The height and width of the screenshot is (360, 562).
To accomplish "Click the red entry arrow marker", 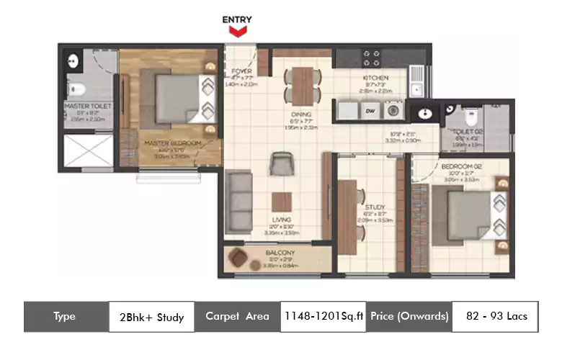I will pos(238,31).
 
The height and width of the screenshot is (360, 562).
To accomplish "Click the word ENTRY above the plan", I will pos(238,19).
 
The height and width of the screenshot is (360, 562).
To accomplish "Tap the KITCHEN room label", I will pos(375,78).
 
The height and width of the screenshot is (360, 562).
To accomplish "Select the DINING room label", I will pos(302,114).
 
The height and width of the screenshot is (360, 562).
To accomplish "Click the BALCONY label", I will pos(280,253).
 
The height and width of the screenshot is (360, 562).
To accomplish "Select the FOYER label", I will pos(241,71).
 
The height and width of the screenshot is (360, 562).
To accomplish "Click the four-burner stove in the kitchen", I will pos(371,58).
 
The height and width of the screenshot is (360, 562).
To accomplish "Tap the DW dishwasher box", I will pos(370,110).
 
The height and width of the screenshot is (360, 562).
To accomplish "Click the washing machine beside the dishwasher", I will pos(393,111).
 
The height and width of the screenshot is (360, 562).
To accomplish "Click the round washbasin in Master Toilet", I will pos(73,61).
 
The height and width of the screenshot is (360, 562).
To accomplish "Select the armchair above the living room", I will pos(279,165).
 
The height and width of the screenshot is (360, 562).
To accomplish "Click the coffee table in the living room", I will pos(281,202).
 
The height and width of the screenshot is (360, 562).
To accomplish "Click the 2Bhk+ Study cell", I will pos(151,317).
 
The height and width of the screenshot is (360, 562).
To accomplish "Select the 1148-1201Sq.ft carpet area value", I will pos(323,317).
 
